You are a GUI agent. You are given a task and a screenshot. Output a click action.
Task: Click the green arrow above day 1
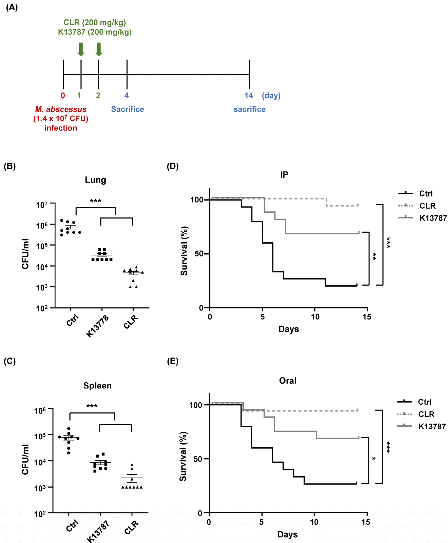81,49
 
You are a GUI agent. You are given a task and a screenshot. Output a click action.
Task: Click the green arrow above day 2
99,49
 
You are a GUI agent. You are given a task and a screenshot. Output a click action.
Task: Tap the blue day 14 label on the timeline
248,96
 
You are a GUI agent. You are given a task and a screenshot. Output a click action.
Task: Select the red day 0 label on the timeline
63,96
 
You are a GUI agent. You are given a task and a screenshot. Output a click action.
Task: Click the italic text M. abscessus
61,109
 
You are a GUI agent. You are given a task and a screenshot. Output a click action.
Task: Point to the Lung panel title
95,180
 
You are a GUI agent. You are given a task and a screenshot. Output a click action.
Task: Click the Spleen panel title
97,386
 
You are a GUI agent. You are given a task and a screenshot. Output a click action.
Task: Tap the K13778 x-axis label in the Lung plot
98,326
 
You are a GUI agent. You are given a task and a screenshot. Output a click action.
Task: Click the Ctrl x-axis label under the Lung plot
73,320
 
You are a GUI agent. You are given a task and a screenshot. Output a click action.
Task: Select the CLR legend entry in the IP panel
427,206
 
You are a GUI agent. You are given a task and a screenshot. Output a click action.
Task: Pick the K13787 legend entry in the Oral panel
432,426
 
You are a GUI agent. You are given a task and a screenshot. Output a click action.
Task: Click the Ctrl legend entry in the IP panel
426,194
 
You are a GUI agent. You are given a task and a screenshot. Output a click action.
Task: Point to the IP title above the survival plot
284,175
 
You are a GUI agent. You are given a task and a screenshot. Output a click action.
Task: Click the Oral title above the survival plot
287,381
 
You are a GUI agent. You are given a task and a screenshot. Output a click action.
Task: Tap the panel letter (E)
172,361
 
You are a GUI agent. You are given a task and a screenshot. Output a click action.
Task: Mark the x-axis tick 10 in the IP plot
315,317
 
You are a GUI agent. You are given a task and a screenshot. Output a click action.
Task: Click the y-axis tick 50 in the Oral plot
198,459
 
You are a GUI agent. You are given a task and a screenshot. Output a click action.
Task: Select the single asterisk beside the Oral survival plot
374,459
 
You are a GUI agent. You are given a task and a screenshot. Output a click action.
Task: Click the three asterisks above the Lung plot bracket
95,201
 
